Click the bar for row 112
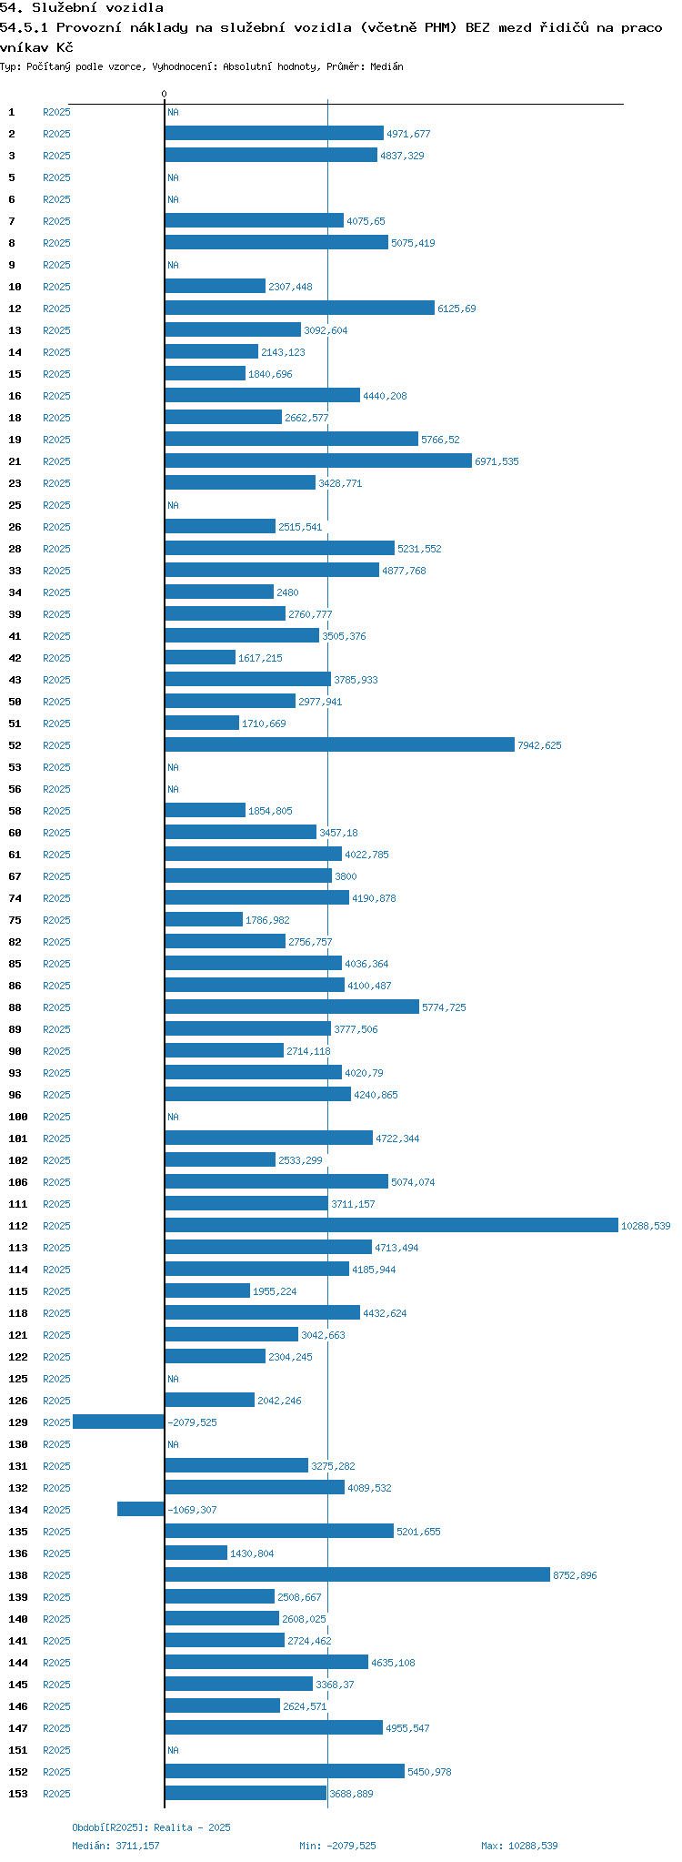point(391,1225)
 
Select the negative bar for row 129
point(118,1422)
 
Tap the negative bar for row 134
point(141,1509)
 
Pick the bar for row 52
point(339,744)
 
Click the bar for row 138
point(357,1574)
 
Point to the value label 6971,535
point(496,461)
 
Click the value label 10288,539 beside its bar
point(646,1226)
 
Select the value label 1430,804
point(252,1553)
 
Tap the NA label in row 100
point(173,1117)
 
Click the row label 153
point(18,1794)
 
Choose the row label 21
point(15,461)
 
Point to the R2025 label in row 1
point(56,112)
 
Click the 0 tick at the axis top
point(165,95)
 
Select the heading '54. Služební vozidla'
point(82,8)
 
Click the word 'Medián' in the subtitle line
point(386,66)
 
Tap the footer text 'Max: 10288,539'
point(519,1846)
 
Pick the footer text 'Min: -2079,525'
point(337,1846)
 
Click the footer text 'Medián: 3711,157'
point(120,1846)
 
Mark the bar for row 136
point(196,1553)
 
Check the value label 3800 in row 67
point(346,876)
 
